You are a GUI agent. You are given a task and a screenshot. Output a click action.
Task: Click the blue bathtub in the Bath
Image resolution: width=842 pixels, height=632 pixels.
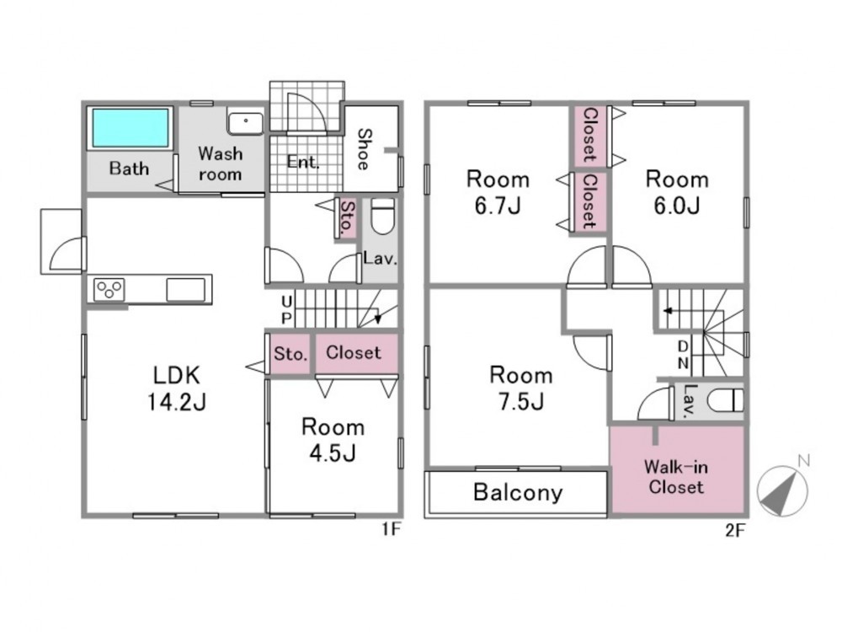point(131,127)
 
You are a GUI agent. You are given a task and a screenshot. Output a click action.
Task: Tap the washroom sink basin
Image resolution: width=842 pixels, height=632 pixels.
point(245,123)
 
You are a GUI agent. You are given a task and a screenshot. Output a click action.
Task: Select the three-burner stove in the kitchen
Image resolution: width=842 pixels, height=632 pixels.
point(109,290)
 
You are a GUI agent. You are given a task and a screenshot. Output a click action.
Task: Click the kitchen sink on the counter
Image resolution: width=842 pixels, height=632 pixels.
point(186,290)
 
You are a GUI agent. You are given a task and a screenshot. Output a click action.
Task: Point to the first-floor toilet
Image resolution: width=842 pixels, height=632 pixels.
point(383,216)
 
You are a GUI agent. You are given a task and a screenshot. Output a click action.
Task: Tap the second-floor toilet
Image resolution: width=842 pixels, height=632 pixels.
point(726,400)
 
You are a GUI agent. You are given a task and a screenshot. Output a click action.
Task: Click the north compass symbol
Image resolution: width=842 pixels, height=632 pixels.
point(783,489)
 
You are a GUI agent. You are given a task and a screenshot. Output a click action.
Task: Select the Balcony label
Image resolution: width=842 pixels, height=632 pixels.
point(518,492)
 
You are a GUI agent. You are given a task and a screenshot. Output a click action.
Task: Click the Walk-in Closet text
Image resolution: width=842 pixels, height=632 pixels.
point(675,477)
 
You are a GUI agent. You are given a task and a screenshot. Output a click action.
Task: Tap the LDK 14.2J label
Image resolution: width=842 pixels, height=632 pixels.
point(177,388)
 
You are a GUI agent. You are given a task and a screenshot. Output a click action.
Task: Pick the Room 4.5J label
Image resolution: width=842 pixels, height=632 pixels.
point(333,440)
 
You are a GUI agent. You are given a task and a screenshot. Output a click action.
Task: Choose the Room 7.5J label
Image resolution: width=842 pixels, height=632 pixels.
point(521,388)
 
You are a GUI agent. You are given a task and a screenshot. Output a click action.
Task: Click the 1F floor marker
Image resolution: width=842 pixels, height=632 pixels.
point(392,529)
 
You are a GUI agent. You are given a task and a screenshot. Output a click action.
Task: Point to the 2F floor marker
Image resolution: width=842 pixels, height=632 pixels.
point(735,530)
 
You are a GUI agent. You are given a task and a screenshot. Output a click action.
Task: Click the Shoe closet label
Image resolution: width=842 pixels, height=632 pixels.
point(364,149)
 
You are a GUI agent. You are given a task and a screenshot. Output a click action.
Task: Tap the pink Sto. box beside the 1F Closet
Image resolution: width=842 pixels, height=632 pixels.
point(290,354)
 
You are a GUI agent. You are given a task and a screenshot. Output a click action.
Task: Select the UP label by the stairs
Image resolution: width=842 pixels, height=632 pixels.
point(287,309)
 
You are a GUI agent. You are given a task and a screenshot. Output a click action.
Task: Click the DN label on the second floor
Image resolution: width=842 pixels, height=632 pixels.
point(683,354)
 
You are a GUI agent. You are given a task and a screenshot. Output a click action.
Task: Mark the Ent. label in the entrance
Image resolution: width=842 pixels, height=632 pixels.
point(303,161)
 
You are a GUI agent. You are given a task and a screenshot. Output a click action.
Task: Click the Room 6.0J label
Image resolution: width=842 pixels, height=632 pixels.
point(677,192)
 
